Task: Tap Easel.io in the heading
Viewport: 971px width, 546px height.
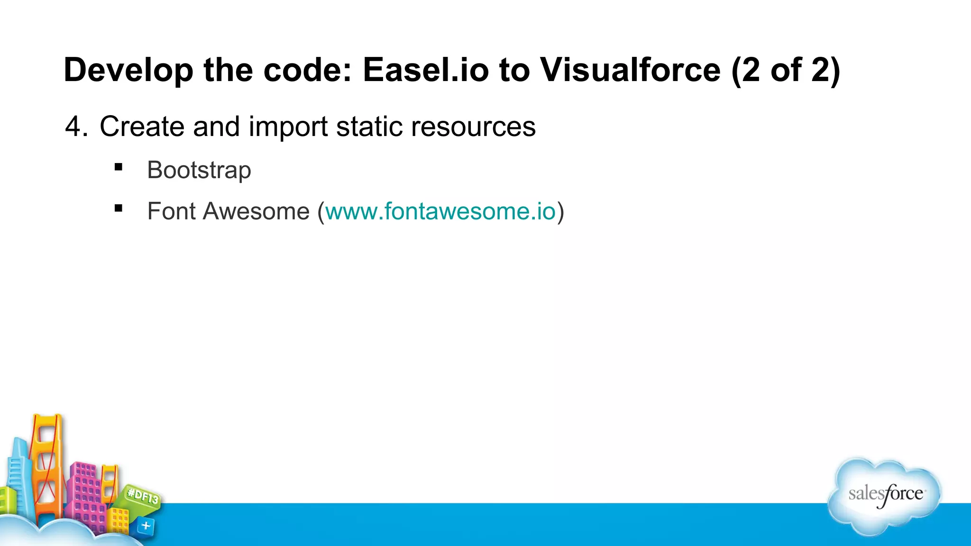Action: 425,70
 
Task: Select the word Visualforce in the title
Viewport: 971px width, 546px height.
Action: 630,70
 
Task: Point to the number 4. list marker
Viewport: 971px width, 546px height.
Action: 76,127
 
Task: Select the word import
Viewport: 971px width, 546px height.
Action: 288,127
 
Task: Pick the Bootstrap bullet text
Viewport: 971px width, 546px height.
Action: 199,170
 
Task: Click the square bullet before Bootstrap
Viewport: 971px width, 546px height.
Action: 119,167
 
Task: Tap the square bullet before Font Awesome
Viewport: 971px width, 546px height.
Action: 119,208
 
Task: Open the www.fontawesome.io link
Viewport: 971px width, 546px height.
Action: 440,211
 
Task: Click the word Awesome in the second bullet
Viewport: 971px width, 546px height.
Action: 256,211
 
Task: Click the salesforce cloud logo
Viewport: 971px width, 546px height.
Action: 885,495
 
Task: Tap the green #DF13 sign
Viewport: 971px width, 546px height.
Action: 143,497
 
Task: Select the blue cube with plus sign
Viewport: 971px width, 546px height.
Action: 146,526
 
